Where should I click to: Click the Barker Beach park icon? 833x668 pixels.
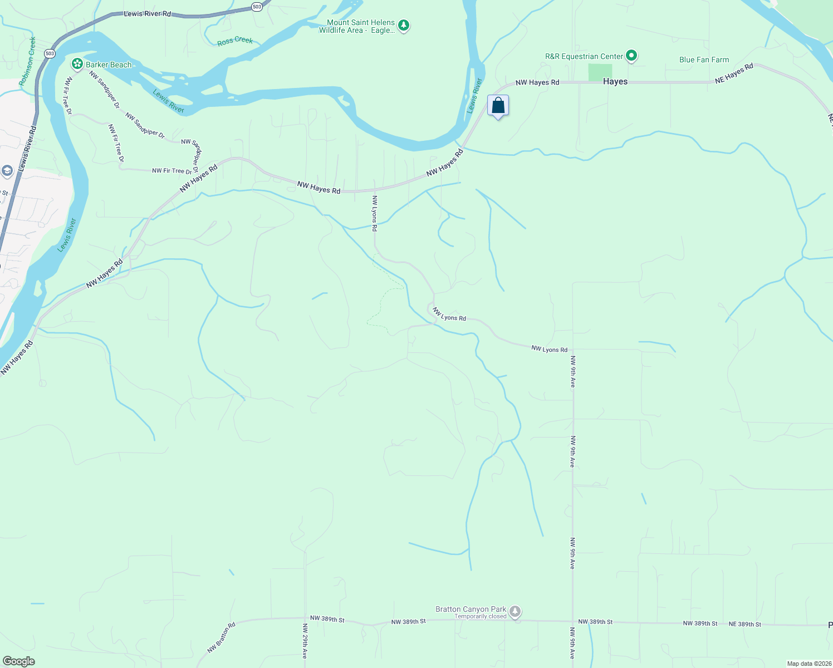77,65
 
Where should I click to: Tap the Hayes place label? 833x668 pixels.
615,81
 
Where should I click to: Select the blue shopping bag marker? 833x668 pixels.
498,106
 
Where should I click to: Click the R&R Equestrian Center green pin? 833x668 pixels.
631,56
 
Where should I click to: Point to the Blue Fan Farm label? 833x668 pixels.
704,60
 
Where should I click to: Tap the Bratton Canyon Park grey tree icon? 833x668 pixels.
516,612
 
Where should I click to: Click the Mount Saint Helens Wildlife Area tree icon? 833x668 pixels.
404,26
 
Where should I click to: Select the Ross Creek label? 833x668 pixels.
235,41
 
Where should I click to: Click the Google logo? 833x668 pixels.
19,661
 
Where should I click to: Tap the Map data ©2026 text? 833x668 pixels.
808,664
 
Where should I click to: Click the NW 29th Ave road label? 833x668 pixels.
305,641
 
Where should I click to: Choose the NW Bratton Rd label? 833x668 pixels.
222,637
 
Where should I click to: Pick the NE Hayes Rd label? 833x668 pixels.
734,73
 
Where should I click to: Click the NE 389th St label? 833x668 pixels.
744,624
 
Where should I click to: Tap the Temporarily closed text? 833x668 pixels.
481,616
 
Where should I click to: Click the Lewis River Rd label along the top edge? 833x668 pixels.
148,13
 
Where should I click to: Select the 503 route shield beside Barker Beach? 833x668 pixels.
50,53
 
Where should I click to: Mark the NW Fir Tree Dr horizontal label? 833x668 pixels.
171,171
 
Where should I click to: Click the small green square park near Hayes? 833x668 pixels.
600,72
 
